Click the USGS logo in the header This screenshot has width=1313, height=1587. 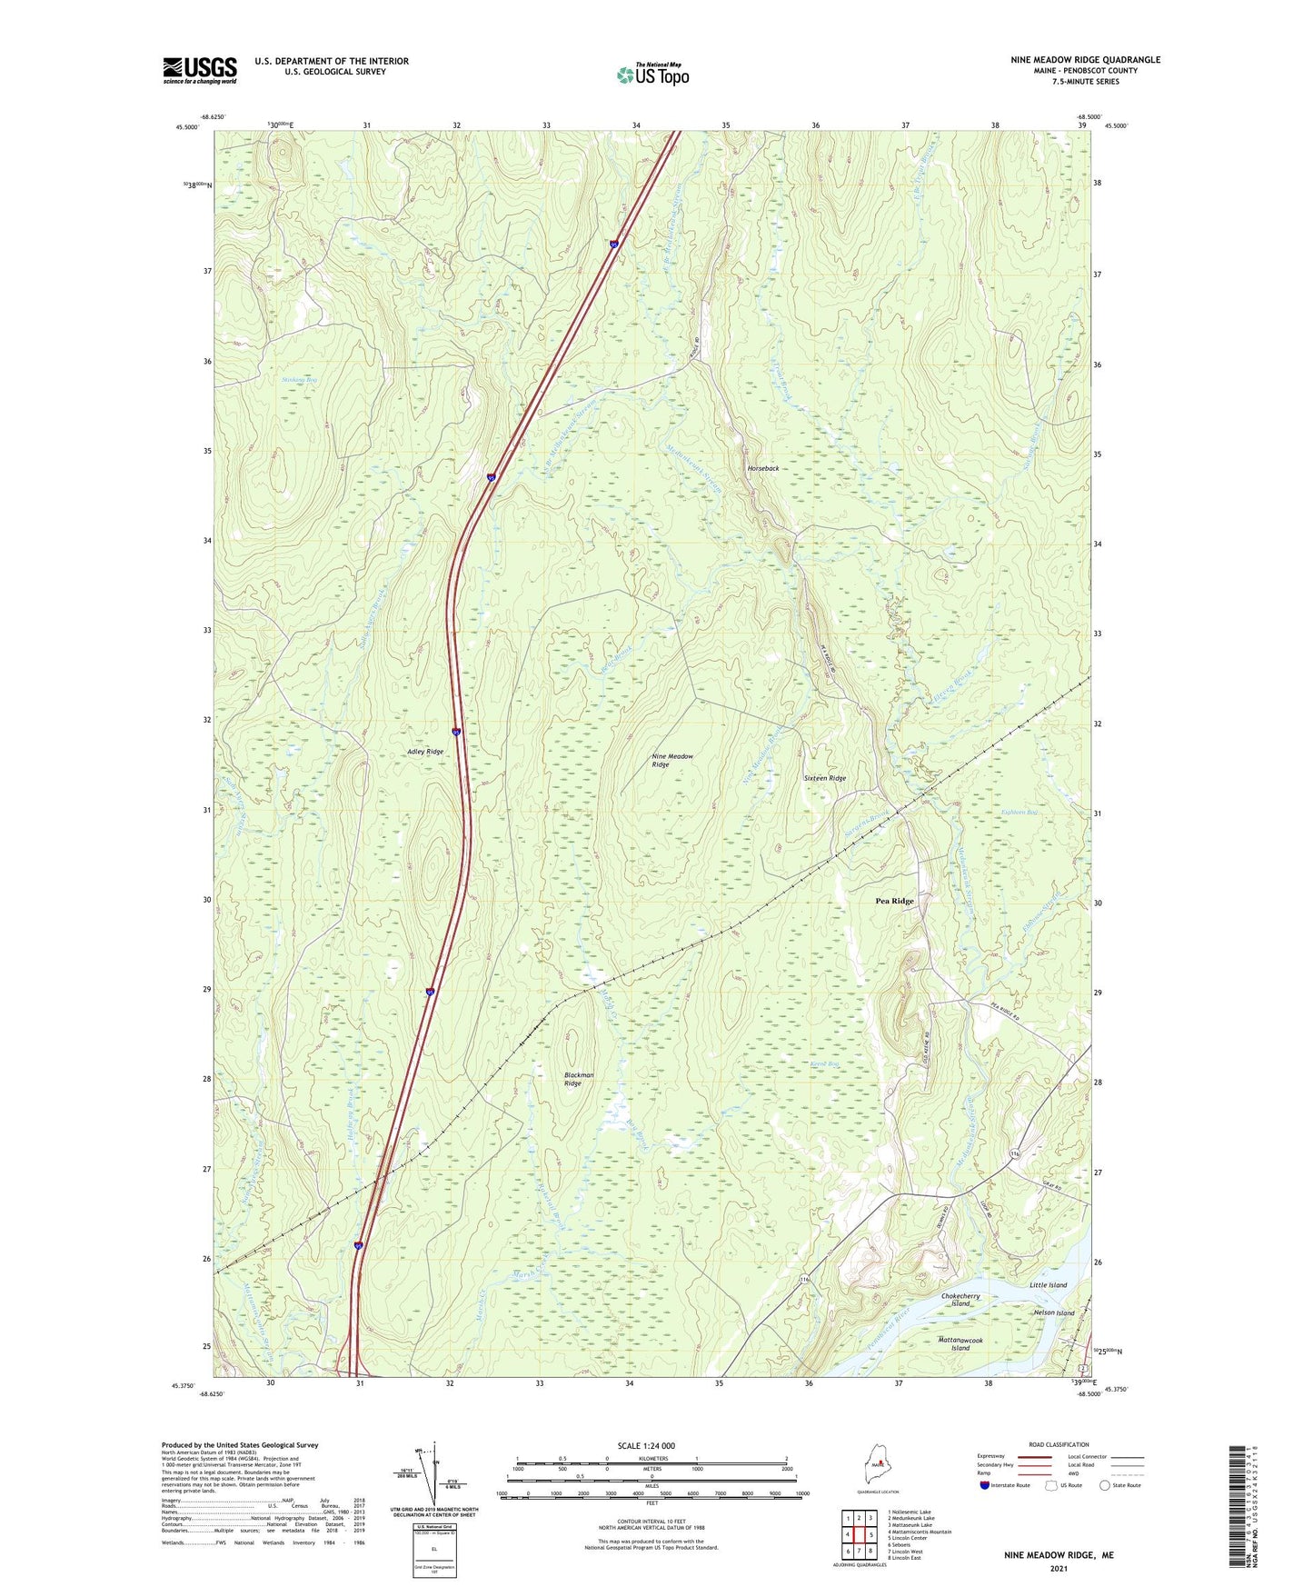point(199,70)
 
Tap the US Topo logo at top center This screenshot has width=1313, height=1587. point(652,74)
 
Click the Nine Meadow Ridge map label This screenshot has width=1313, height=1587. point(672,761)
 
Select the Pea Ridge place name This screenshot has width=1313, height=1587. point(894,901)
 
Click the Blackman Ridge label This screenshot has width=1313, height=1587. point(578,1079)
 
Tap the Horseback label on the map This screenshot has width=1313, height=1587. point(762,468)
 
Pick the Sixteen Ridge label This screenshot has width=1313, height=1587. point(824,779)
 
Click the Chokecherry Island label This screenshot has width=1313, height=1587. point(961,1299)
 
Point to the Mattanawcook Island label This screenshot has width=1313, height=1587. point(960,1344)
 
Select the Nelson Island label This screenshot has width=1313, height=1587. point(1053,1313)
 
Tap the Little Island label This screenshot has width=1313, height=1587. point(1048,1285)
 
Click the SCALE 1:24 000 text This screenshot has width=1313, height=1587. point(645,1446)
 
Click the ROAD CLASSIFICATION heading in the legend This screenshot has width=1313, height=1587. point(1059,1444)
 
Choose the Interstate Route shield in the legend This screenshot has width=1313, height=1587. point(986,1485)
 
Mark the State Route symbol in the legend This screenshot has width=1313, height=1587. point(1105,1485)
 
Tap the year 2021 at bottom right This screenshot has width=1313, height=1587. point(1059,1569)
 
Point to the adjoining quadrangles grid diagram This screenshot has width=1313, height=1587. point(859,1536)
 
